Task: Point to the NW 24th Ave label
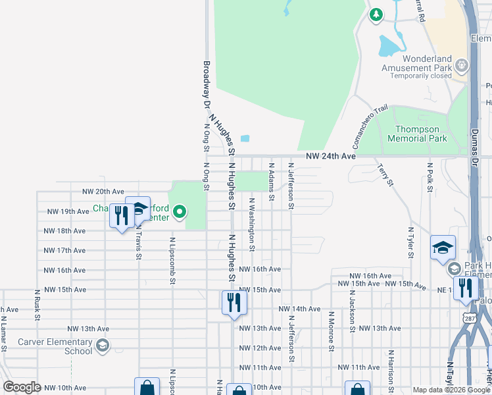tap(331, 157)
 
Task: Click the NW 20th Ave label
tap(103, 192)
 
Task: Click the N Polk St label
tap(430, 178)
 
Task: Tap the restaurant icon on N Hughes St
tap(234, 303)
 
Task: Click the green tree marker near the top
tap(376, 14)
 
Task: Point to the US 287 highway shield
tap(470, 319)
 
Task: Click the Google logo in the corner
tap(22, 387)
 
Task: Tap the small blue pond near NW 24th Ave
tap(245, 138)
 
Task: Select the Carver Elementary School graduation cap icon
tap(101, 345)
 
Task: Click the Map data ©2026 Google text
tap(451, 390)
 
